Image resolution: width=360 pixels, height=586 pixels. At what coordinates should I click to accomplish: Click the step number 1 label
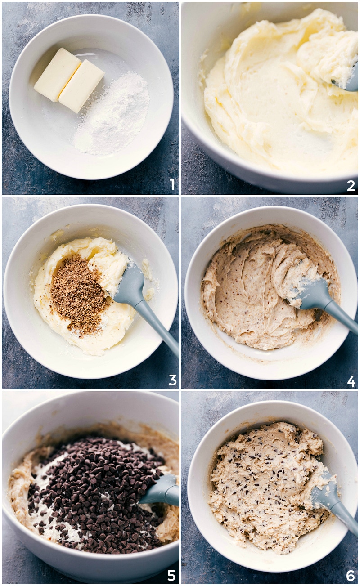[x=172, y=184]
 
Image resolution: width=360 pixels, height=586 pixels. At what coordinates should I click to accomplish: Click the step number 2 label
[x=351, y=185]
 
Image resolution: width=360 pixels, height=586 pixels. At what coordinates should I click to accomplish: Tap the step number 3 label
[x=172, y=380]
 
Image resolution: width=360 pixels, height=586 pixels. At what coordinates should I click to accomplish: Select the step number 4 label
[x=351, y=381]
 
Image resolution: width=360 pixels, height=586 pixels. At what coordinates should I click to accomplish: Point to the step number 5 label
[x=171, y=576]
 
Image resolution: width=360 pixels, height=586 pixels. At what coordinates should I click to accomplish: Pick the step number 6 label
[x=351, y=575]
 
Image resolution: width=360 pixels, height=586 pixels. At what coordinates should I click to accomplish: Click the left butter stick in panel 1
[x=57, y=74]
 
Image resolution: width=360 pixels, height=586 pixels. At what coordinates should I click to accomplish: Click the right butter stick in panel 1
[x=81, y=86]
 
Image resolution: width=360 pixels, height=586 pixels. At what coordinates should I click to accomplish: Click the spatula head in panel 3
[x=130, y=288]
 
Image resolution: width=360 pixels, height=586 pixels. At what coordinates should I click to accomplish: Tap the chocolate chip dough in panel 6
[x=265, y=490]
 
